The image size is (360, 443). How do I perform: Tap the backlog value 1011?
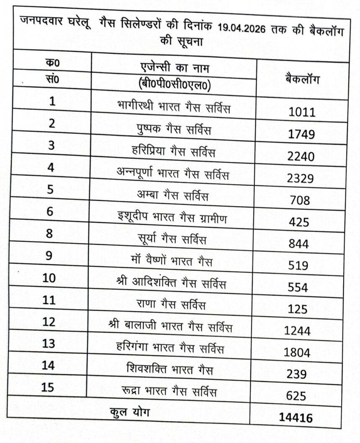(301, 112)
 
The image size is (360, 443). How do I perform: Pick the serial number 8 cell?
(49, 233)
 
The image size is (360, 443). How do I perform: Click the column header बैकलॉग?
(302, 78)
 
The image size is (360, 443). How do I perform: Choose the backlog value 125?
(298, 310)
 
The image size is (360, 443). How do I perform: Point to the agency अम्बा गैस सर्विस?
(172, 195)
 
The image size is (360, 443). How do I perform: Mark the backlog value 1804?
(297, 353)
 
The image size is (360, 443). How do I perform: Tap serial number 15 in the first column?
(48, 387)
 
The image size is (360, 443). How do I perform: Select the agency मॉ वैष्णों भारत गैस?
(172, 262)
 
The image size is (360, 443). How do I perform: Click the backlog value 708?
(299, 200)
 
